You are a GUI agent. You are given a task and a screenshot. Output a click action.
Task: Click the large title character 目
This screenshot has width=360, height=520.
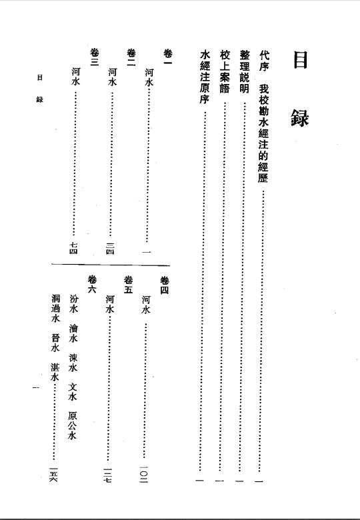[x=300, y=60]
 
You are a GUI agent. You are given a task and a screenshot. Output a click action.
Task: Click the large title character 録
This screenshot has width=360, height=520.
[x=300, y=118]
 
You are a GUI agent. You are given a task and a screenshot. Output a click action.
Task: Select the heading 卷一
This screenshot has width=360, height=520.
[x=168, y=57]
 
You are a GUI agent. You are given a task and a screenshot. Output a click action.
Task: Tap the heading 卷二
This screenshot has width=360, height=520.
[x=131, y=57]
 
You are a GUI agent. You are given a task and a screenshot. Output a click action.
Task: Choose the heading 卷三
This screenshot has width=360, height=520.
[x=95, y=57]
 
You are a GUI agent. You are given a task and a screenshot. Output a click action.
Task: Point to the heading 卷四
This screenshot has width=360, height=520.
[x=165, y=285]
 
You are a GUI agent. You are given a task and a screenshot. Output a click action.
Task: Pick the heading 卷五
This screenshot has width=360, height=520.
[x=128, y=285]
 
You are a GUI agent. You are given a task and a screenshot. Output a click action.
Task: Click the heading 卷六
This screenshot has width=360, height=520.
[x=92, y=285]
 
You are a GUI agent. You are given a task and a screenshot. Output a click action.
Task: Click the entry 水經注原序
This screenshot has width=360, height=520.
[x=205, y=77]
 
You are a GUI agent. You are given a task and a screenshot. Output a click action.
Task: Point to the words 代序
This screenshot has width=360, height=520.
[x=264, y=61]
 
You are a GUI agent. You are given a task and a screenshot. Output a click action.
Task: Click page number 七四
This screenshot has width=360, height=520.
[x=73, y=249]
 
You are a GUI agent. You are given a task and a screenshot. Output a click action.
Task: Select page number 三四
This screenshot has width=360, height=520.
[x=110, y=249]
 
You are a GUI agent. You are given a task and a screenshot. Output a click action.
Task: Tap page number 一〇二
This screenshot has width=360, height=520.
[x=143, y=474]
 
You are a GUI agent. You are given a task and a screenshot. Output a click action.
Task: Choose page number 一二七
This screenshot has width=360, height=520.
[x=107, y=475]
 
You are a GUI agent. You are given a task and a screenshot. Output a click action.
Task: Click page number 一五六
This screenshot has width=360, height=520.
[x=53, y=474]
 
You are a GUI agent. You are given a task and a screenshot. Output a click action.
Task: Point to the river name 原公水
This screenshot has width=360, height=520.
[x=72, y=425]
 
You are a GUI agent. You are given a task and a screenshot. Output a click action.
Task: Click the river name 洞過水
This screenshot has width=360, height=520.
[x=55, y=309]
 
